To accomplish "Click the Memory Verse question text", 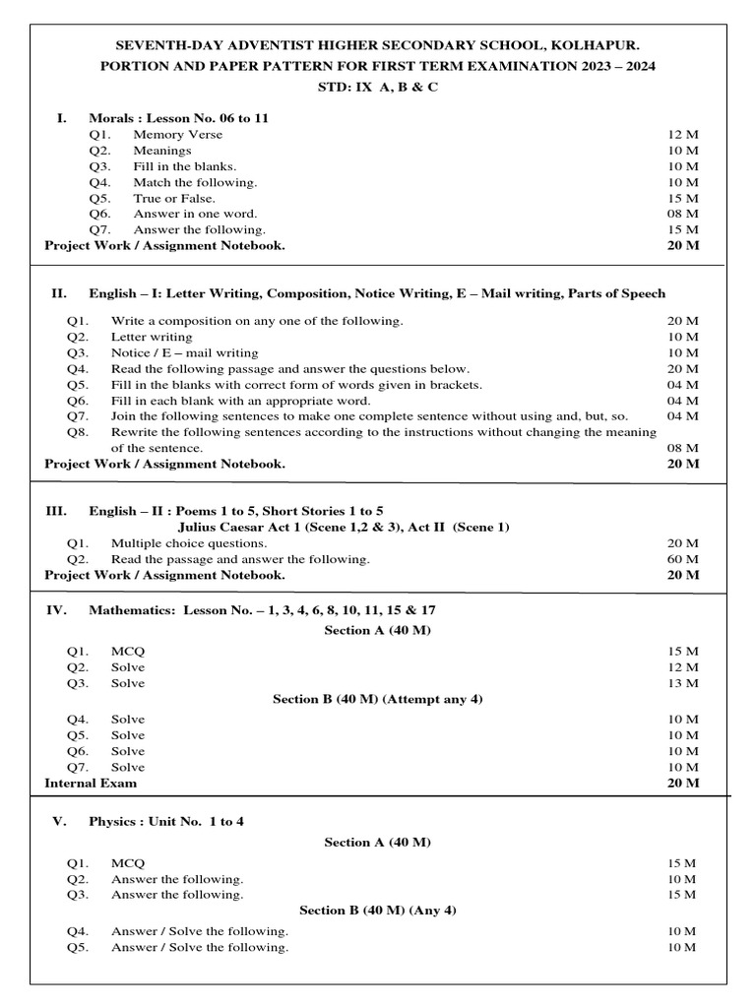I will (x=178, y=134).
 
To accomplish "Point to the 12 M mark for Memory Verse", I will (x=682, y=134).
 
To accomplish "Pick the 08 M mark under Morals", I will (x=682, y=214).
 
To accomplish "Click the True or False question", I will (x=174, y=198).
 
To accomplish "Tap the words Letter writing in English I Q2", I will (x=152, y=337).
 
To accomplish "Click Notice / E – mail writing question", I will (x=185, y=352).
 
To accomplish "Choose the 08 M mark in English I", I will (x=682, y=448).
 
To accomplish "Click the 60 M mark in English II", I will (x=682, y=559).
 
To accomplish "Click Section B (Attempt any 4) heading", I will (x=378, y=699).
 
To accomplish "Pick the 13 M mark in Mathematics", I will (x=682, y=683).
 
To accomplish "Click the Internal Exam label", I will (x=91, y=784).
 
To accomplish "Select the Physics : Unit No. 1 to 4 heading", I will (x=166, y=821).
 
